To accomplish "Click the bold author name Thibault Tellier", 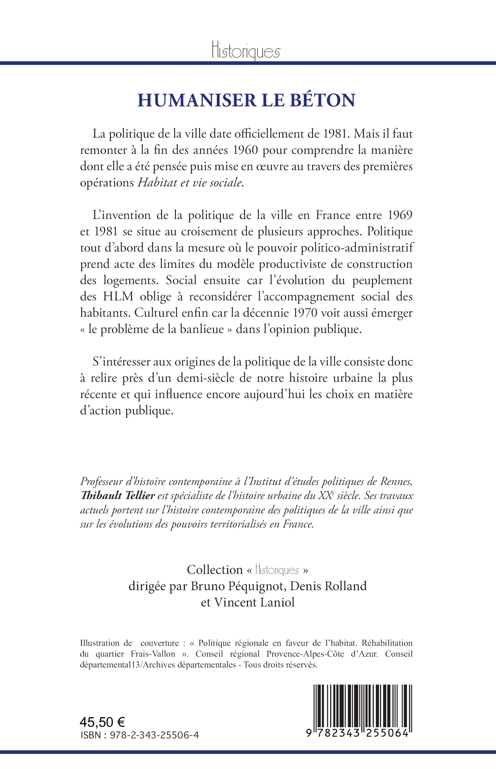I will click(118, 495).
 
